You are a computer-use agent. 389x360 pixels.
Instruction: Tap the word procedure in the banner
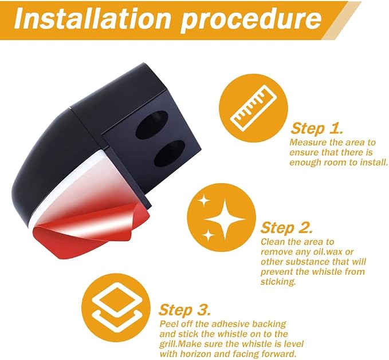pyautogui.click(x=251, y=21)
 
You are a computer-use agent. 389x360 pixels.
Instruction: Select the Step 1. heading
pyautogui.click(x=317, y=128)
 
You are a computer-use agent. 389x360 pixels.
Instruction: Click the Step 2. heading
pyautogui.click(x=286, y=227)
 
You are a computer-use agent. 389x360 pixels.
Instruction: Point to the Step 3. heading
pyautogui.click(x=185, y=310)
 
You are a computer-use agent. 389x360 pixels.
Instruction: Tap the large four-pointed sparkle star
pyautogui.click(x=225, y=219)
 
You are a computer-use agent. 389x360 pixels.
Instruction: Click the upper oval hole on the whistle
pyautogui.click(x=152, y=125)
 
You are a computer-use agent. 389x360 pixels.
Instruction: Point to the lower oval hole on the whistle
pyautogui.click(x=170, y=153)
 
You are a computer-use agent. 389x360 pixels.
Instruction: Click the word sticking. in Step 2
pyautogui.click(x=278, y=282)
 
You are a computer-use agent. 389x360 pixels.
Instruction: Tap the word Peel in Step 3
pyautogui.click(x=168, y=324)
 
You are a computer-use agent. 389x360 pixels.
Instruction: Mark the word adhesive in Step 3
pyautogui.click(x=231, y=324)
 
